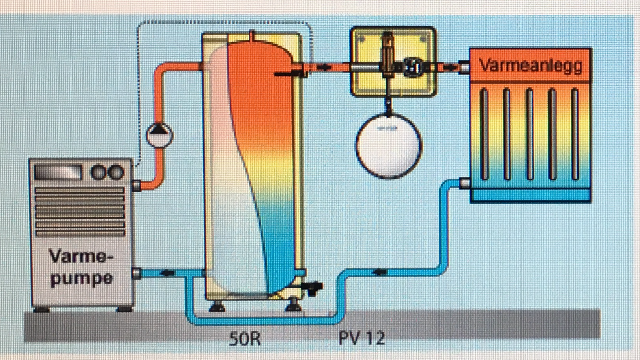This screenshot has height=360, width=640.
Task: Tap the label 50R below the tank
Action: [245, 339]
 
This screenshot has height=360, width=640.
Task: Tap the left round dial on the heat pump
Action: [98, 172]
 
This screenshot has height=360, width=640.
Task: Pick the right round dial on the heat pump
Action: [116, 172]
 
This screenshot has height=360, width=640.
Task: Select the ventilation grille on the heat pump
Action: [80, 211]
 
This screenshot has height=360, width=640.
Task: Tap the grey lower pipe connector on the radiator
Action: [464, 182]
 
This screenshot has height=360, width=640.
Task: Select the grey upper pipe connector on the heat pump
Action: [137, 185]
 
